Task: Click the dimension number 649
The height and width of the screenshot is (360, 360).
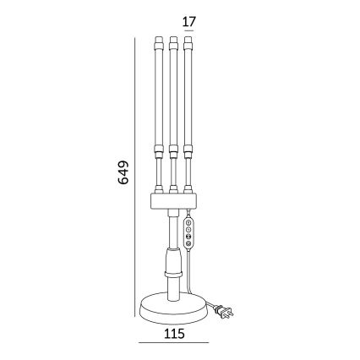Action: (123, 172)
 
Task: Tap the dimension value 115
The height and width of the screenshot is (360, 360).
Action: (174, 334)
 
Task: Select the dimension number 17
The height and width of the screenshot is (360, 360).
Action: (189, 21)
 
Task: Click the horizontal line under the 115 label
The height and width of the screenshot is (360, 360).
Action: (174, 342)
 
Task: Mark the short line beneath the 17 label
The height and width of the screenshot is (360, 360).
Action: (188, 30)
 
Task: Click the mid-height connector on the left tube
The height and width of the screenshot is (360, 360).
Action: (159, 150)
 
